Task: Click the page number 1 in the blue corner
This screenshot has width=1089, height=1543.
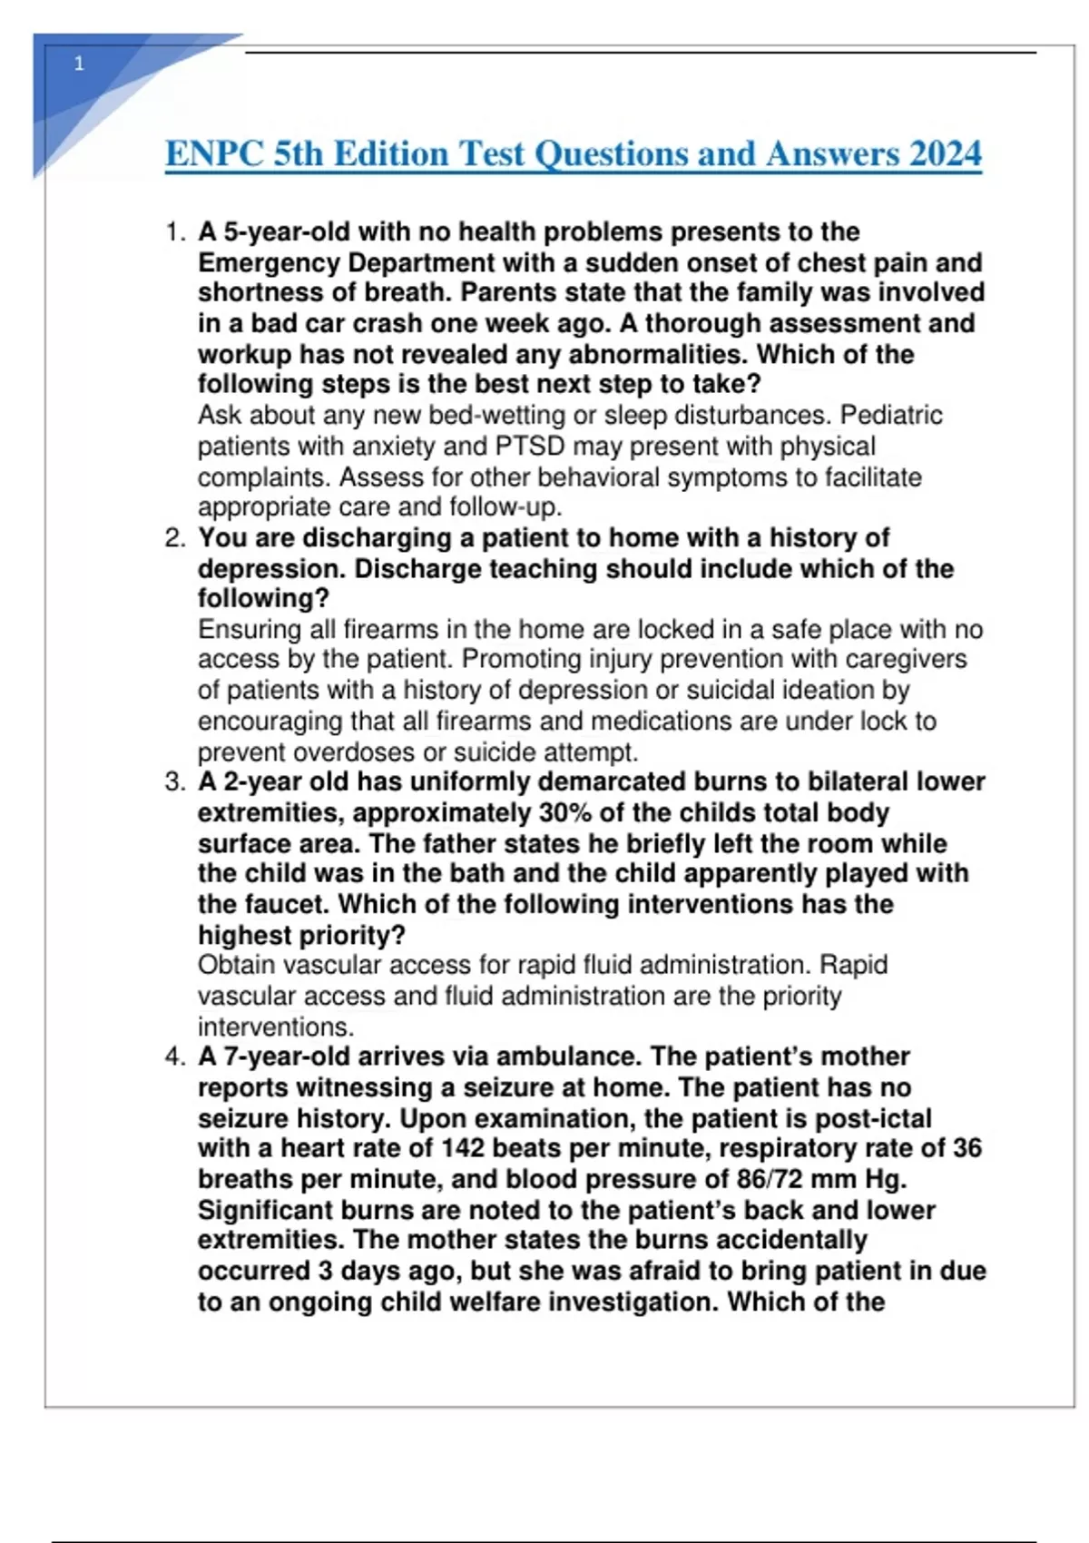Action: (79, 64)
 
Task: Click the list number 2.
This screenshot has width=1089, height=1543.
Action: (174, 538)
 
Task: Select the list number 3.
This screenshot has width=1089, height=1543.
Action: (174, 782)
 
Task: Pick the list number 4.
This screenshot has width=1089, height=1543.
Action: (174, 1057)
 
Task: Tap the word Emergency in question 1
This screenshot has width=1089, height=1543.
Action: (269, 263)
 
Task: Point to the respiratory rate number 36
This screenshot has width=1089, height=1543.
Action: (967, 1149)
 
